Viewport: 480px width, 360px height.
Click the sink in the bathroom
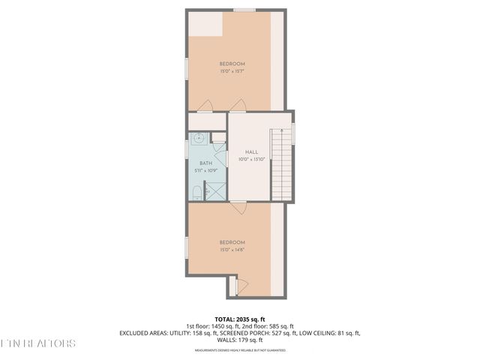coord(199,139)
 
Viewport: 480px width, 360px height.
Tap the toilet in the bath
coord(196,193)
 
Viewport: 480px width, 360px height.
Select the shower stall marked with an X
coord(215,190)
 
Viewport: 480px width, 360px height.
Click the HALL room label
coord(251,151)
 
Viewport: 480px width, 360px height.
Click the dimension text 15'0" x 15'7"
coord(232,72)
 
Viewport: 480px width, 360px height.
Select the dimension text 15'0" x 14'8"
coord(232,250)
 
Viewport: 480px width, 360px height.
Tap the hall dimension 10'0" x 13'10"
coord(251,159)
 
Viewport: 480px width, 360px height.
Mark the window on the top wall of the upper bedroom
coord(243,10)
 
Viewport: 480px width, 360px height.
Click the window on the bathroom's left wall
coord(187,148)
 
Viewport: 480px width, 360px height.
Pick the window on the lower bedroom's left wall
coord(187,247)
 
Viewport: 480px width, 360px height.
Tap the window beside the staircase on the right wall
coord(294,133)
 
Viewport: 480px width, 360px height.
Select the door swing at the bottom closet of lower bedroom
coord(233,286)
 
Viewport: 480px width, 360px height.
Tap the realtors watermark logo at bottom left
coord(37,344)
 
